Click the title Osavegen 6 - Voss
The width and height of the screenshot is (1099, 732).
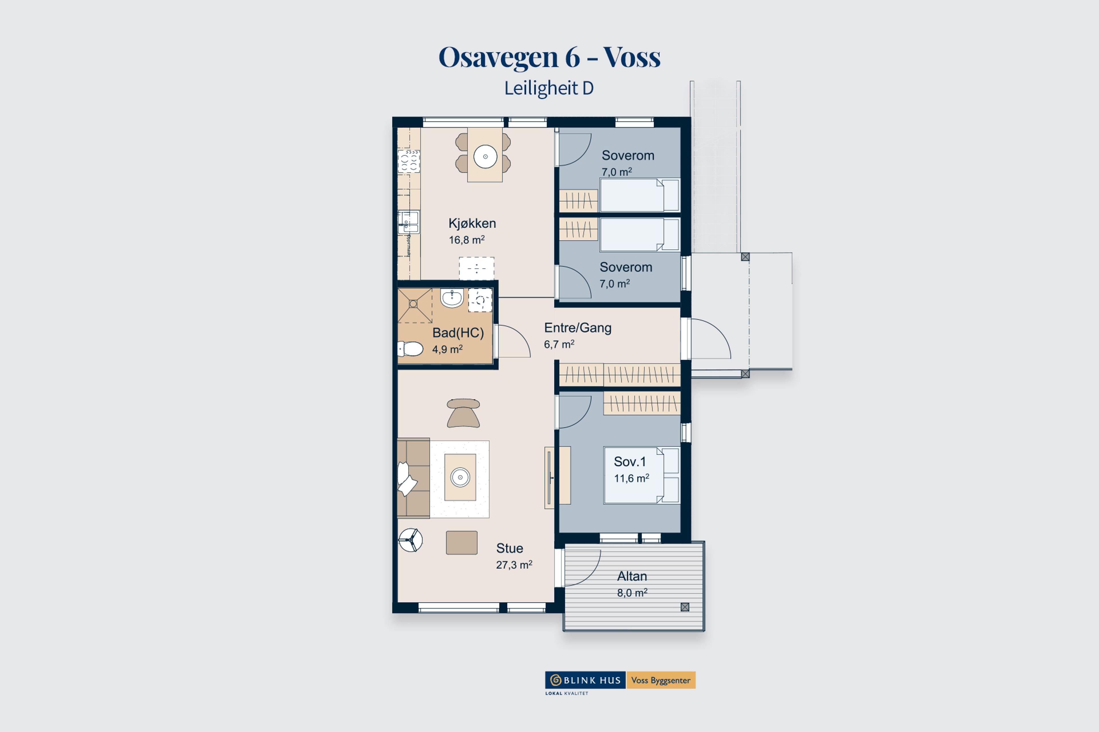coord(549,57)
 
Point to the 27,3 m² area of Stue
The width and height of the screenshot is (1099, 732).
coord(514,565)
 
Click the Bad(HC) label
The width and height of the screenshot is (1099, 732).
coord(458,333)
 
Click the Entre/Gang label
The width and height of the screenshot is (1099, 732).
coord(578,328)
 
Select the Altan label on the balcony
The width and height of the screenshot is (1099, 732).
coord(632,576)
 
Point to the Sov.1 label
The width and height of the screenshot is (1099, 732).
coord(630,462)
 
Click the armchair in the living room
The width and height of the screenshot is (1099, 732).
coord(463,413)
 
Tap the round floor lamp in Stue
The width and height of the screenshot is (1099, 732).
coord(410,540)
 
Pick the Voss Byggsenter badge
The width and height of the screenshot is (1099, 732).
coord(660,680)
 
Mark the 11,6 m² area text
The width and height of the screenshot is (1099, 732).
coord(631,478)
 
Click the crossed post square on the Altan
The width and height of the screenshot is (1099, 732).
coord(685,607)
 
